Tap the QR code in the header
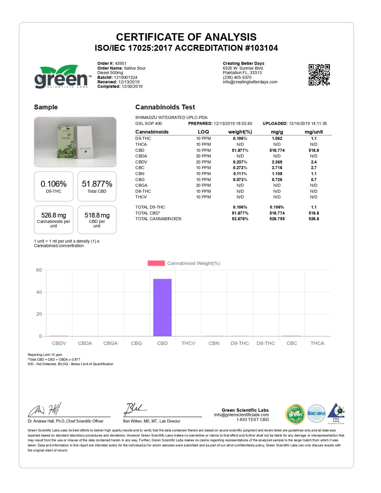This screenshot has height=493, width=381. (x=319, y=75)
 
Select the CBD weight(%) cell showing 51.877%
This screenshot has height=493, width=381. (x=240, y=150)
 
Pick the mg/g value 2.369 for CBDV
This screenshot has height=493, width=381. (x=277, y=162)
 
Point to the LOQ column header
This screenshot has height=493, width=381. (x=203, y=132)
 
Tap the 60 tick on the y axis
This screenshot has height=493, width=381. (x=39, y=270)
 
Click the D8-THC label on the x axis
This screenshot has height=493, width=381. (x=266, y=343)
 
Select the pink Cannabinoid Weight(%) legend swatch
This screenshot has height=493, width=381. (x=156, y=263)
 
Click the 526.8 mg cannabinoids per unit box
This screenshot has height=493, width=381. (x=53, y=220)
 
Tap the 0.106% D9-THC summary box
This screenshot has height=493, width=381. (x=53, y=186)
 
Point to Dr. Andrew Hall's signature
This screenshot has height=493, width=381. (x=45, y=409)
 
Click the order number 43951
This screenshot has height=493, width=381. (x=121, y=63)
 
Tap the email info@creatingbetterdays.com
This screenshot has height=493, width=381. (x=250, y=82)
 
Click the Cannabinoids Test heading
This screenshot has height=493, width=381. (x=165, y=107)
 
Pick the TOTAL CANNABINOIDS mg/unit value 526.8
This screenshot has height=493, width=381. (x=314, y=219)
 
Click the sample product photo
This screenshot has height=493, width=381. (x=75, y=142)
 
